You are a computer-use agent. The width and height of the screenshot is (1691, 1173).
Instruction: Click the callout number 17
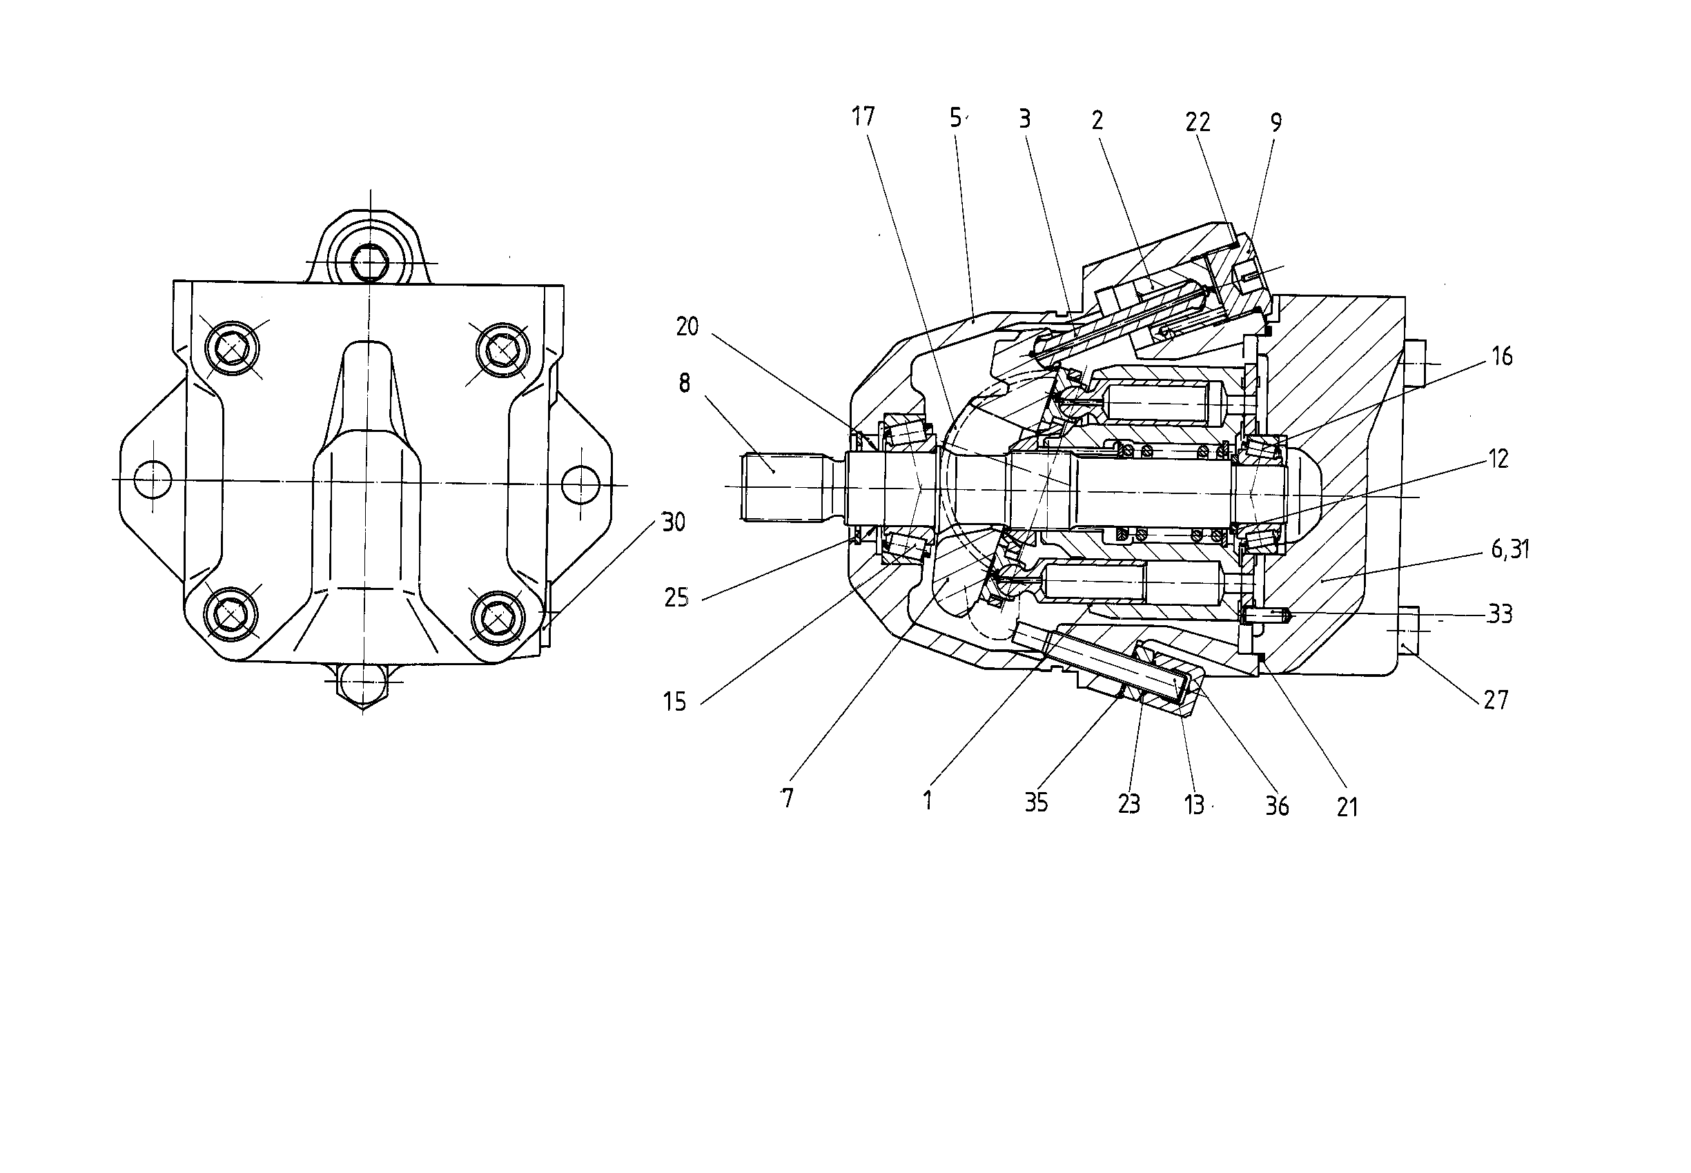pos(863,116)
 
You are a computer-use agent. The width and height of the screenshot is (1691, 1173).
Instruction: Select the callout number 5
pos(955,117)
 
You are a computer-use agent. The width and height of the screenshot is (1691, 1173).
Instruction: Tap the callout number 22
pos(1198,121)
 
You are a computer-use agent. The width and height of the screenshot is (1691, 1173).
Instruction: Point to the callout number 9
pos(1275,123)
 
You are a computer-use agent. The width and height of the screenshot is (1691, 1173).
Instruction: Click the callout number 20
pos(687,326)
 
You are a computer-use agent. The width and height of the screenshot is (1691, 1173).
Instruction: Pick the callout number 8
pos(685,382)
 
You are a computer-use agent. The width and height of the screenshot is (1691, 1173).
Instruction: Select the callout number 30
pos(674,522)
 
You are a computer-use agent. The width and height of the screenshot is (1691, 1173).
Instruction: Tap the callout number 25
pos(676,598)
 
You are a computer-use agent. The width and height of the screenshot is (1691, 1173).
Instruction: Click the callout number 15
pos(674,702)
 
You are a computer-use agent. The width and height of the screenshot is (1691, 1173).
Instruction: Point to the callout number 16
pos(1502,357)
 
